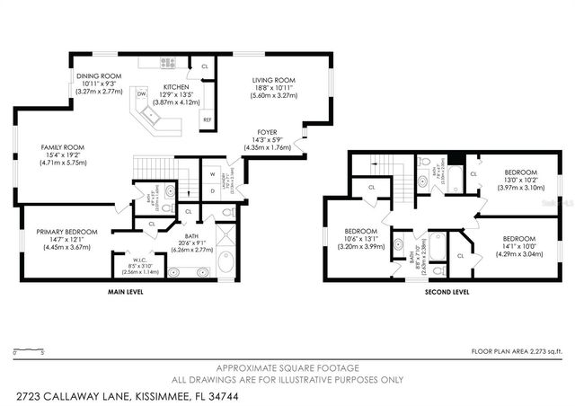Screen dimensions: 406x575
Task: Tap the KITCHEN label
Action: coord(175,86)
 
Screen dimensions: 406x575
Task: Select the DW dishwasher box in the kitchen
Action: coord(142,93)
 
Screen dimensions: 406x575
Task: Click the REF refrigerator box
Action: coord(207,119)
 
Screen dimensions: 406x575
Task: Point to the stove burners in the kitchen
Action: coord(167,62)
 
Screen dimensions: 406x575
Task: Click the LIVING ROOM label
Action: coord(273,80)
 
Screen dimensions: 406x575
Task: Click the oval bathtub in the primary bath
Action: coord(225,262)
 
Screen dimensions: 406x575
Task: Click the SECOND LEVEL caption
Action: coord(447,292)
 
